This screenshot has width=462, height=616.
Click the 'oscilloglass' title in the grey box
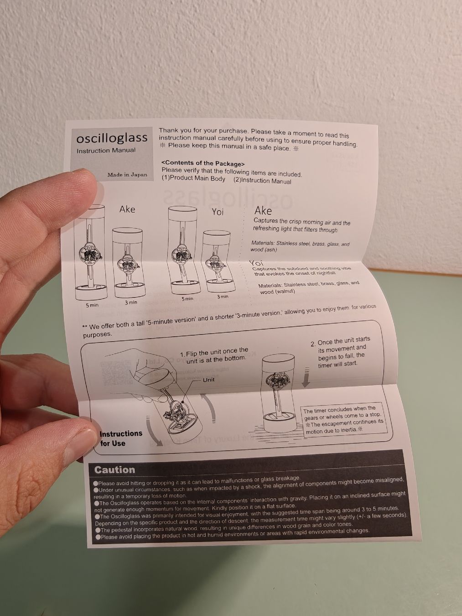pyautogui.click(x=112, y=138)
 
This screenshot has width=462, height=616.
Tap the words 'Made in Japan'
pyautogui.click(x=127, y=175)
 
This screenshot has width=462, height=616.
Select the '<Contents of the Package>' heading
pyautogui.click(x=203, y=163)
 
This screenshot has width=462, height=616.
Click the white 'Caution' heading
pyautogui.click(x=114, y=470)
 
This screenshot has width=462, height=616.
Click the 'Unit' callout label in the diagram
pyautogui.click(x=208, y=380)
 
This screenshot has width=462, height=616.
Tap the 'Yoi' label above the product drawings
pyautogui.click(x=218, y=212)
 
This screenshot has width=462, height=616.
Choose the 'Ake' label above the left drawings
pyautogui.click(x=127, y=209)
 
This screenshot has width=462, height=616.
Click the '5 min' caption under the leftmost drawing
pyautogui.click(x=92, y=305)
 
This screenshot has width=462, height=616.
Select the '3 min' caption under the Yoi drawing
pyautogui.click(x=223, y=297)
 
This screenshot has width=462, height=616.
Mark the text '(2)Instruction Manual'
pyautogui.click(x=262, y=181)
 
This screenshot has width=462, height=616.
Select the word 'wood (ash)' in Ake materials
pyautogui.click(x=264, y=250)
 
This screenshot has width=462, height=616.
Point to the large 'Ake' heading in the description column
pyautogui.click(x=263, y=211)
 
